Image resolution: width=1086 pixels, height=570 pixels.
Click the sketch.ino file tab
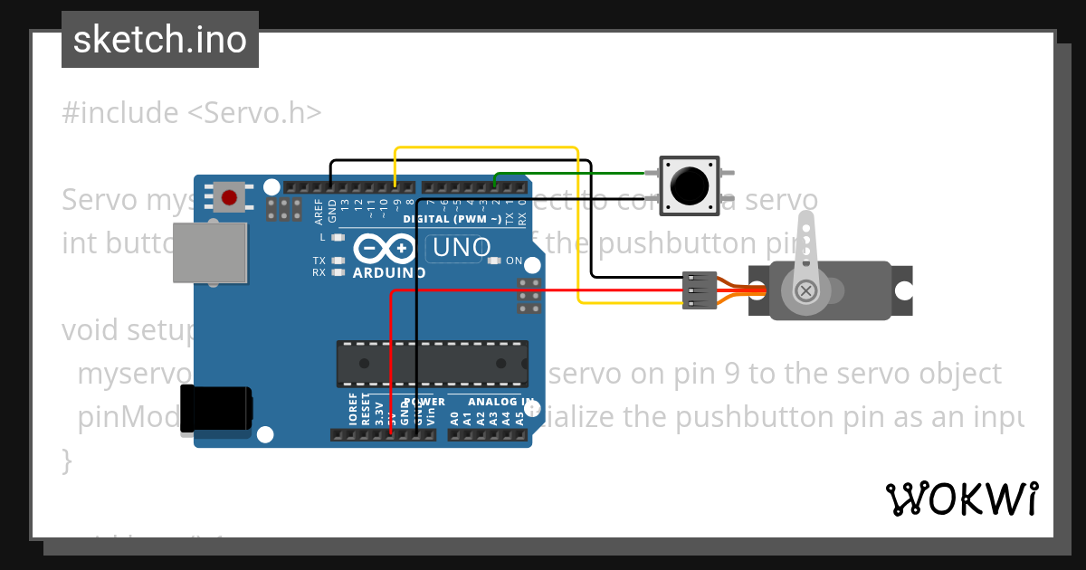160,40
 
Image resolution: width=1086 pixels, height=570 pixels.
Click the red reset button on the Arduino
229,196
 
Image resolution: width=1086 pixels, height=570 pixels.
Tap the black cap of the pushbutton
690,185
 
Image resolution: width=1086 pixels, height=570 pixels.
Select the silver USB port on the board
210,252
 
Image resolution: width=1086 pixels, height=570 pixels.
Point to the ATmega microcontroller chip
432,362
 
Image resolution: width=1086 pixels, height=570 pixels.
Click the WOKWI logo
961,499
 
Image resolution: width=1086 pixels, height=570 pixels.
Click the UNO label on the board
462,247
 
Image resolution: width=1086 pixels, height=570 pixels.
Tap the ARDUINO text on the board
389,272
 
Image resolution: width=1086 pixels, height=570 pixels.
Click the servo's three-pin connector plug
700,290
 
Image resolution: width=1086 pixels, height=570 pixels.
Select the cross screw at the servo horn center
805,290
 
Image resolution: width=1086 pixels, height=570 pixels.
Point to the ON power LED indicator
493,261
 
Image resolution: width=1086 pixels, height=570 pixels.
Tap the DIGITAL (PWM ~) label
452,220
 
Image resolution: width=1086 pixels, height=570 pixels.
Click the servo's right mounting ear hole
903,290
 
